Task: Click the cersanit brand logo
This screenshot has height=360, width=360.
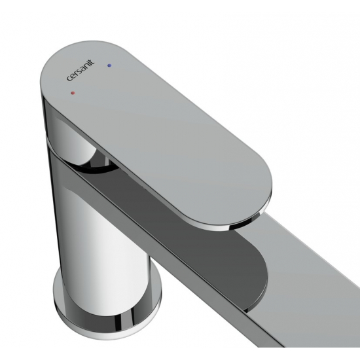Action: [81, 70]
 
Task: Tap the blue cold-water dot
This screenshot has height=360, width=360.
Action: [109, 65]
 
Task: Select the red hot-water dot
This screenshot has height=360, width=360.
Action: [73, 93]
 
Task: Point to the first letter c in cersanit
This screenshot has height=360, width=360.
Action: [69, 78]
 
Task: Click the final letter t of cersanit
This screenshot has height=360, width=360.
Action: [92, 62]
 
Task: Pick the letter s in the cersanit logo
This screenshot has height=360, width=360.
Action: [79, 71]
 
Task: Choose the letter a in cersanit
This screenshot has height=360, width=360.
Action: [82, 69]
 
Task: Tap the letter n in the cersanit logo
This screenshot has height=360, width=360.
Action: [85, 67]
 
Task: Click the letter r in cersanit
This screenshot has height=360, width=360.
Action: [76, 73]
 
